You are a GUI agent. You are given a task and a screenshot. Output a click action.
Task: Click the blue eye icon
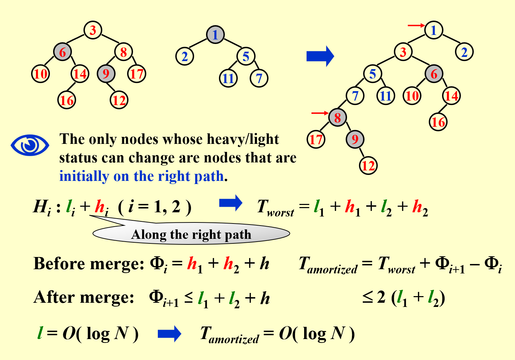click(30, 145)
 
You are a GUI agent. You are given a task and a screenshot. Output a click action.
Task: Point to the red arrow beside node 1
click(416, 25)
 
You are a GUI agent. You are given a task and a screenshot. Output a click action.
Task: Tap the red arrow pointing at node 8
click(319, 113)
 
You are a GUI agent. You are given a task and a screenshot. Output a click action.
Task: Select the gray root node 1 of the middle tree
click(215, 35)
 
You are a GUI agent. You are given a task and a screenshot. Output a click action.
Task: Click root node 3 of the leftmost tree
click(93, 30)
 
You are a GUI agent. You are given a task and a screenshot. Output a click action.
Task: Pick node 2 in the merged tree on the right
click(464, 52)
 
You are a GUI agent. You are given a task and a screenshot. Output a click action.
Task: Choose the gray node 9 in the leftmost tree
click(106, 74)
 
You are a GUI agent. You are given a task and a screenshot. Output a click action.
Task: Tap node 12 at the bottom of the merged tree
click(368, 165)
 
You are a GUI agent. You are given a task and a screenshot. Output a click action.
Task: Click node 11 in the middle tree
click(228, 78)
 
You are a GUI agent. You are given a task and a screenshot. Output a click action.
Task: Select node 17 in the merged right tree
click(316, 139)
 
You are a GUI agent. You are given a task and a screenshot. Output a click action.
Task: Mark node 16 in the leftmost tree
click(67, 100)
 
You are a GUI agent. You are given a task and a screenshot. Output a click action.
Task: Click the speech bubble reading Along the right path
click(191, 234)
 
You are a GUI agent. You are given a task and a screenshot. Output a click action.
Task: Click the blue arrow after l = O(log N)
click(169, 334)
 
